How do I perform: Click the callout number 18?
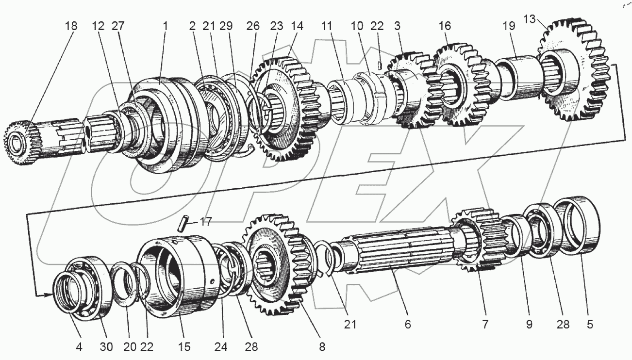(71, 26)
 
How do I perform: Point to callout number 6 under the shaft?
(407, 324)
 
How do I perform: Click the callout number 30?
(106, 346)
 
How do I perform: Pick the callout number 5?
(589, 324)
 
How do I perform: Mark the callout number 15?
(183, 346)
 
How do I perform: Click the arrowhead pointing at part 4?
(48, 294)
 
